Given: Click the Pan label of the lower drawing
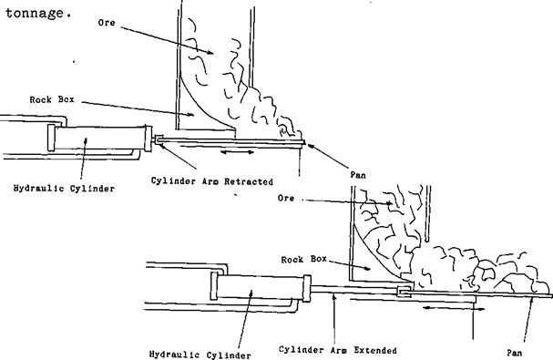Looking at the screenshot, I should (517, 350).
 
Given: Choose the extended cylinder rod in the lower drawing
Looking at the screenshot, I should (355, 291).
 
